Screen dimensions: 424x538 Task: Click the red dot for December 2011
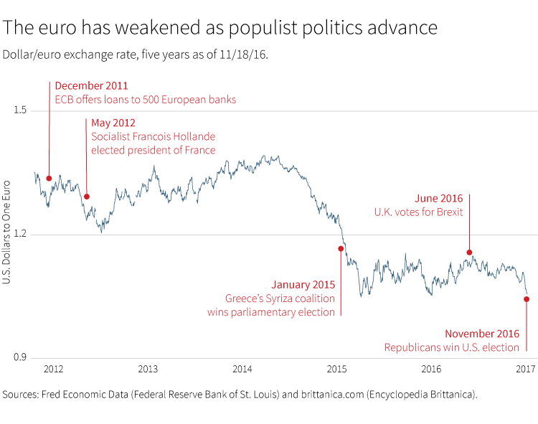(49, 179)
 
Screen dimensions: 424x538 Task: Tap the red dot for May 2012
(87, 197)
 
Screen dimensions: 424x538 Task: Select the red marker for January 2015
(341, 249)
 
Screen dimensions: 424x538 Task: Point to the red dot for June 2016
(470, 253)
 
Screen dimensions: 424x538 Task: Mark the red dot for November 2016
(527, 300)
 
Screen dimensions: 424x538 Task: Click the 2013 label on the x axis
(148, 369)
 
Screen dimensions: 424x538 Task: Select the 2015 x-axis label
(336, 369)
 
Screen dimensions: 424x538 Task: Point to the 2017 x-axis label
(526, 369)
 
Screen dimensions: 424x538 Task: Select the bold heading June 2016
(440, 198)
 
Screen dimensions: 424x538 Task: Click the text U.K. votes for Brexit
(418, 212)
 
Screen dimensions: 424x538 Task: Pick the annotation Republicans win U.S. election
(451, 348)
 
